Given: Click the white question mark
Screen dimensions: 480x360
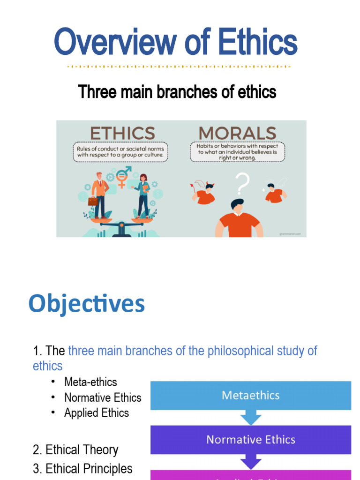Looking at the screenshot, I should click(241, 184).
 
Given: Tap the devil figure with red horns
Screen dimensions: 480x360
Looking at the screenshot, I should click(204, 193).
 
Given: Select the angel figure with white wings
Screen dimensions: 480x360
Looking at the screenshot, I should click(274, 192).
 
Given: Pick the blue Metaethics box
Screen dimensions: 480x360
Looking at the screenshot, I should click(250, 395).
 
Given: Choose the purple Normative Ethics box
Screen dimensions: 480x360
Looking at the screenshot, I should click(250, 440).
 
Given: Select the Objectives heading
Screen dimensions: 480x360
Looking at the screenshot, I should click(87, 304).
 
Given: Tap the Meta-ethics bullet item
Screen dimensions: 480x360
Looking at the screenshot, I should click(90, 382).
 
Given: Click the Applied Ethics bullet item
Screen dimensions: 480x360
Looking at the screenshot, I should click(97, 413).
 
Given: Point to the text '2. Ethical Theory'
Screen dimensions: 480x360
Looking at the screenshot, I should click(75, 450).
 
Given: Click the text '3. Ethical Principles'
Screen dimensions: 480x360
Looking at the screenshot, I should click(82, 469).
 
